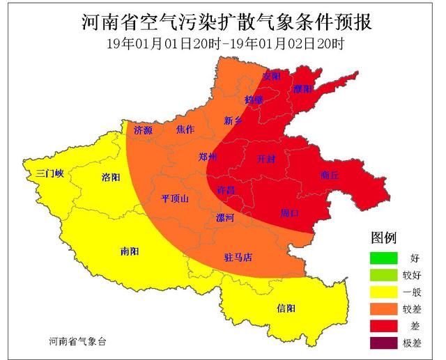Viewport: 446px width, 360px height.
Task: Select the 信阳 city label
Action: (286, 308)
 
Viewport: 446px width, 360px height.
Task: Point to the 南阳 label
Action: (130, 250)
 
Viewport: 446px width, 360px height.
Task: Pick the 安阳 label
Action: (271, 75)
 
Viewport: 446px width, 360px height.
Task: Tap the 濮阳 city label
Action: (303, 89)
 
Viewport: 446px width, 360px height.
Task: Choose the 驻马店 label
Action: (238, 258)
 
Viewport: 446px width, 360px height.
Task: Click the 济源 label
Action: (143, 130)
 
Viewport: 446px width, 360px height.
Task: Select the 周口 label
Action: (289, 212)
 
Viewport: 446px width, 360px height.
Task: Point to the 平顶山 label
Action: (174, 198)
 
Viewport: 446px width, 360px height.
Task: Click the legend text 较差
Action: (420, 308)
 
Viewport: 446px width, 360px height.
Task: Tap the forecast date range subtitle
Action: (223, 43)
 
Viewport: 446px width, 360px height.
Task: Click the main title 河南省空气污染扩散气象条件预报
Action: (223, 21)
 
